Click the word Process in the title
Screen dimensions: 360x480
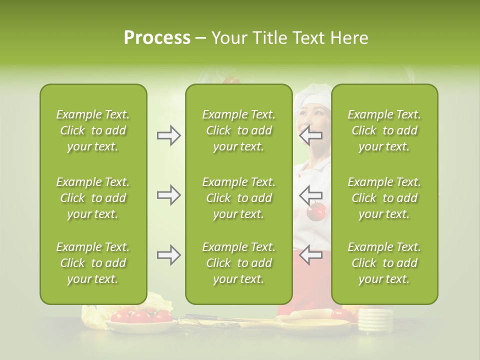coord(157,38)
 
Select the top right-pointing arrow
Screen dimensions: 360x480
coord(168,135)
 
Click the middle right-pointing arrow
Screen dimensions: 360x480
coord(168,195)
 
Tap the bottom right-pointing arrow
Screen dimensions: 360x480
coord(168,255)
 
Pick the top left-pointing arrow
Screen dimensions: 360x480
coord(310,135)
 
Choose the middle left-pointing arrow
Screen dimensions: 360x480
coord(310,195)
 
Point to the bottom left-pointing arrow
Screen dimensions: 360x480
coord(310,255)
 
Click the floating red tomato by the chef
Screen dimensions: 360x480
coord(316,212)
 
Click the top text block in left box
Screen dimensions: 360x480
coord(93,130)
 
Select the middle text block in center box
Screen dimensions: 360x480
coord(238,197)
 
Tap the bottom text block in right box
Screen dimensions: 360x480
coord(384,263)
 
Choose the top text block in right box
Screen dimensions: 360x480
coord(384,130)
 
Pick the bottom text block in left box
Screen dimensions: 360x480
coord(93,263)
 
